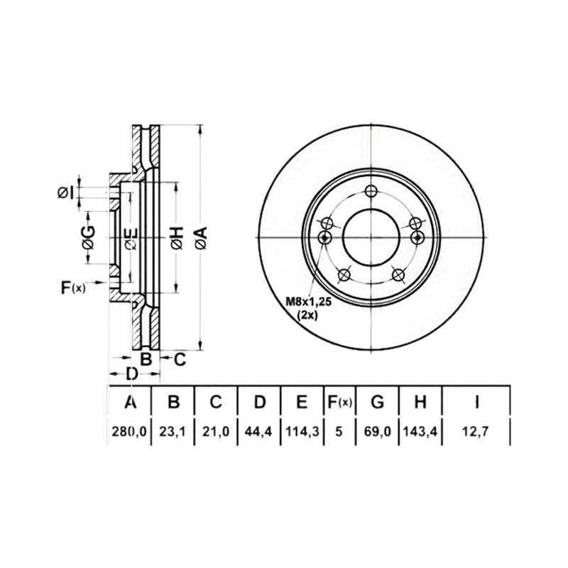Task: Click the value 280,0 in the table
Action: tap(129, 432)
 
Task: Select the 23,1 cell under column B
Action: tap(173, 432)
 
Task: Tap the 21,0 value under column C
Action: tap(216, 432)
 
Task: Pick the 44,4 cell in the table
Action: tap(258, 432)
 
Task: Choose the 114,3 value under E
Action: tap(302, 432)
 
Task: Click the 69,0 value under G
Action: tap(378, 432)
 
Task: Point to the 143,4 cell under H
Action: tap(420, 432)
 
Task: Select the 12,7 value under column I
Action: tap(476, 432)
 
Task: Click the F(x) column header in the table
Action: tap(339, 402)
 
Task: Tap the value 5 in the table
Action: tap(339, 432)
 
